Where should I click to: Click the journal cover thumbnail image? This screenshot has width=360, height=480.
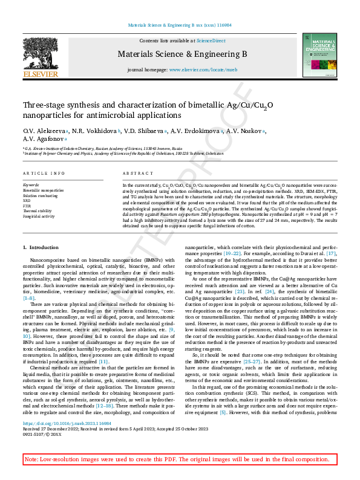coord(321,55)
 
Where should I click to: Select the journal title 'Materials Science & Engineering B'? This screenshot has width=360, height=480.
coord(185,54)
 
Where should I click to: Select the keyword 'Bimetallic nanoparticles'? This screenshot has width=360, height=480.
coord(43,190)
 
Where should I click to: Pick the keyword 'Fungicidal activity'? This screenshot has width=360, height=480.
coord(39,216)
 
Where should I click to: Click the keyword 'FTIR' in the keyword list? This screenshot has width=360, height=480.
coord(27,206)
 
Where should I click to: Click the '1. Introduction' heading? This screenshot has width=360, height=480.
coord(41,264)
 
